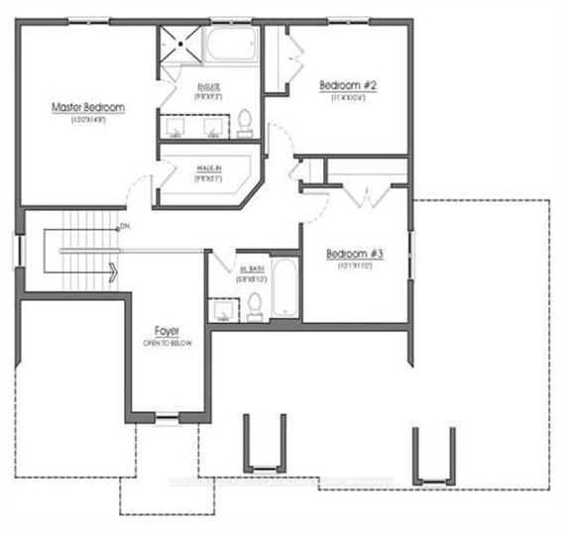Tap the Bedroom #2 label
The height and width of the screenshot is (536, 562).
346,85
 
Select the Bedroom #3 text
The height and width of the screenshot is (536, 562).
354,254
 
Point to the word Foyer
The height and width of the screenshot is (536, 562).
166,329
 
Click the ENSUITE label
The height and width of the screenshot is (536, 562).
208,87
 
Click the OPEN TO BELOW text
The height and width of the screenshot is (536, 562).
166,343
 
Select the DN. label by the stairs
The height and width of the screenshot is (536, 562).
125,228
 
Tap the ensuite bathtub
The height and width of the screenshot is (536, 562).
231,46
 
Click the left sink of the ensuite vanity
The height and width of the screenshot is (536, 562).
178,127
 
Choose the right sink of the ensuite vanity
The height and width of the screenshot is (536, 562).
211,127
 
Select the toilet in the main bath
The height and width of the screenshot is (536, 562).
254,303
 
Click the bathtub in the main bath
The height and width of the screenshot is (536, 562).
284,289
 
